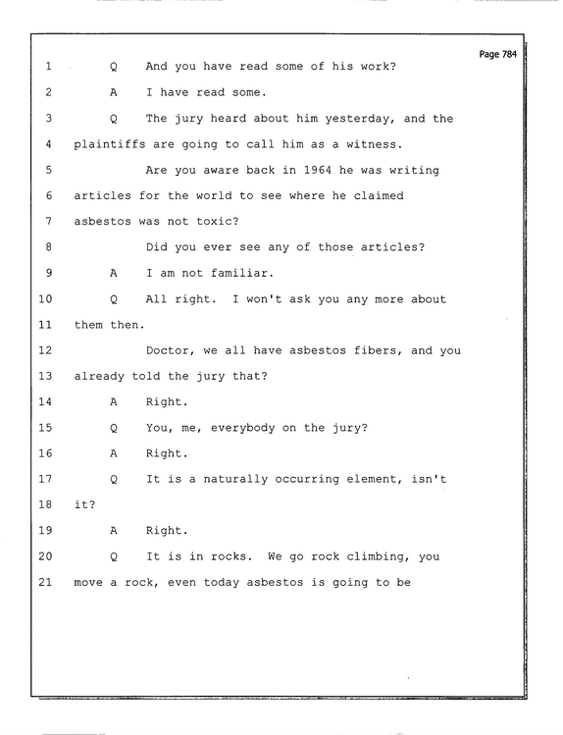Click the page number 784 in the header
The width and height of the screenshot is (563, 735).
509,54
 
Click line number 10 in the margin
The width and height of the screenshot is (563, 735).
45,299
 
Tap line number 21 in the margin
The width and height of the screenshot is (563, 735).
45,582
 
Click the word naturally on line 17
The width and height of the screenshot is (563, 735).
235,480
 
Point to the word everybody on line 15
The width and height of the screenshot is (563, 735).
242,429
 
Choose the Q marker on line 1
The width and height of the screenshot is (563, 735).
114,67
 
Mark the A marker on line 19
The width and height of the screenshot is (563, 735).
114,531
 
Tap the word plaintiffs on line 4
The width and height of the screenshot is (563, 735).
110,144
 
